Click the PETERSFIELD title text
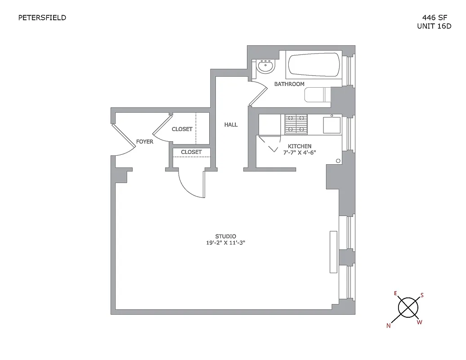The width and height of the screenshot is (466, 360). pyautogui.click(x=42, y=18)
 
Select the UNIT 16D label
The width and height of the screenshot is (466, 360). pyautogui.click(x=434, y=26)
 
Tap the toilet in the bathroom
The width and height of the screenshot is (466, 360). pyautogui.click(x=317, y=95)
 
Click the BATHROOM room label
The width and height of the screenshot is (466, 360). pyautogui.click(x=289, y=84)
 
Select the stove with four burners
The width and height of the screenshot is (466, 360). pyautogui.click(x=296, y=124)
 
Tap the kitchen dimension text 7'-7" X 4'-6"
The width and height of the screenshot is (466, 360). pyautogui.click(x=300, y=153)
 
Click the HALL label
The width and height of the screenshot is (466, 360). pyautogui.click(x=231, y=125)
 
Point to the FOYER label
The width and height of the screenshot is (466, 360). pyautogui.click(x=145, y=142)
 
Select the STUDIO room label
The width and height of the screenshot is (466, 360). pyautogui.click(x=225, y=236)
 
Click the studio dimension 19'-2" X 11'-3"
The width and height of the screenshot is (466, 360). pyautogui.click(x=225, y=243)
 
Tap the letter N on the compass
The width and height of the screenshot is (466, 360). pyautogui.click(x=388, y=326)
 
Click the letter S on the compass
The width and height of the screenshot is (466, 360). pyautogui.click(x=422, y=295)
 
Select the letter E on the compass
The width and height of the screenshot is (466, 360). pyautogui.click(x=395, y=293)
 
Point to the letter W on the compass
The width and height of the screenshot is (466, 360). pyautogui.click(x=419, y=322)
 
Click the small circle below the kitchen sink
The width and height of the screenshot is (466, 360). pyautogui.click(x=338, y=161)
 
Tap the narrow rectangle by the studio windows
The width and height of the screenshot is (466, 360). pyautogui.click(x=333, y=252)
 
